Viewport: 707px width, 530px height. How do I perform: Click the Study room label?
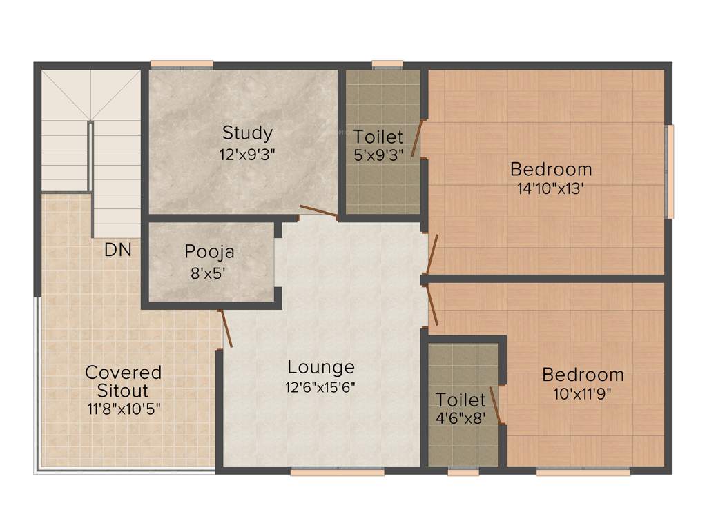(x=247, y=132)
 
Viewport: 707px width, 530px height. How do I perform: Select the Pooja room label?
(x=209, y=252)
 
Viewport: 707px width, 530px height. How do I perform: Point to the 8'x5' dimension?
(x=209, y=272)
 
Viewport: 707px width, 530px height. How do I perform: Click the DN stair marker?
(x=117, y=250)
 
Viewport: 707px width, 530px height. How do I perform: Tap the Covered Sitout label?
(x=123, y=381)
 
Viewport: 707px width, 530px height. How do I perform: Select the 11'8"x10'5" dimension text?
(x=123, y=408)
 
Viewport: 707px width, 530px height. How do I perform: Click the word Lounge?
(x=321, y=367)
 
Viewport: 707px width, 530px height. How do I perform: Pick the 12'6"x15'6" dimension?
(x=321, y=386)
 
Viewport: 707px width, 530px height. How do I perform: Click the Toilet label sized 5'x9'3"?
(x=378, y=136)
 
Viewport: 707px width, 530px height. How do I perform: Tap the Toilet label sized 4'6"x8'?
(x=461, y=400)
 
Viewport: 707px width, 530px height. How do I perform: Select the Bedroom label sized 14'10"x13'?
(x=551, y=168)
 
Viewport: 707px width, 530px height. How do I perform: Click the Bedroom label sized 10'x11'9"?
(x=583, y=375)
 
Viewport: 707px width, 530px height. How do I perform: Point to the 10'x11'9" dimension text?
(x=583, y=394)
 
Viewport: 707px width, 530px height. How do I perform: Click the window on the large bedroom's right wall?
(x=668, y=172)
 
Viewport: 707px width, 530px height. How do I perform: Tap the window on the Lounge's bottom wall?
(x=337, y=472)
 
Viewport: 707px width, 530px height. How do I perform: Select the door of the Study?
(x=318, y=212)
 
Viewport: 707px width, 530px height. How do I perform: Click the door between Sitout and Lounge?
(x=226, y=328)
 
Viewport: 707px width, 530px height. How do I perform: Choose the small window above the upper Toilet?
(x=387, y=65)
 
